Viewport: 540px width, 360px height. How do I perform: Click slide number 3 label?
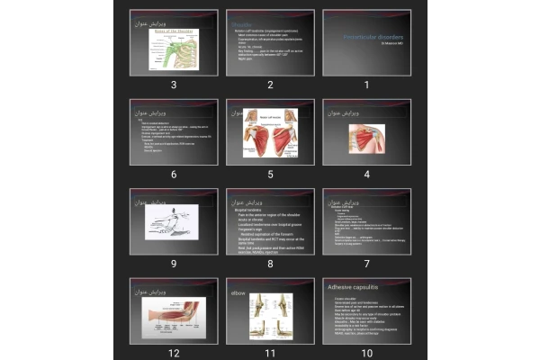[172, 85]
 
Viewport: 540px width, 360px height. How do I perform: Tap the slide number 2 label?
[269, 85]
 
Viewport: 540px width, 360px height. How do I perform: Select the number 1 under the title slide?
[366, 85]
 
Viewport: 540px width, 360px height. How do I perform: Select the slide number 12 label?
[172, 352]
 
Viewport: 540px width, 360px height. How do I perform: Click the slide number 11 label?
[269, 352]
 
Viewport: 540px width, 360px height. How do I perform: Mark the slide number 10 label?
[366, 352]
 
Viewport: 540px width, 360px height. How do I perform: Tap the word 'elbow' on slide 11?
[238, 292]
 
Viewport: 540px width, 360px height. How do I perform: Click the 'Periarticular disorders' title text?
[368, 37]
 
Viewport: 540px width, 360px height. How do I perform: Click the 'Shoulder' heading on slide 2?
[241, 23]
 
